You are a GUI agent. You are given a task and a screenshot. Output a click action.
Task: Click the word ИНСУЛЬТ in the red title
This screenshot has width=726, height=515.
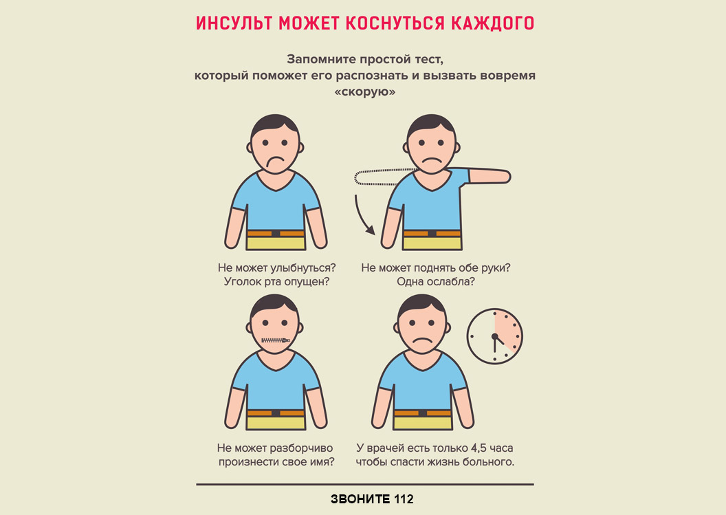pos(234,23)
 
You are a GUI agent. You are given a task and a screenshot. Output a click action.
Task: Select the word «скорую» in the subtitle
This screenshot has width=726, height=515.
pos(365,91)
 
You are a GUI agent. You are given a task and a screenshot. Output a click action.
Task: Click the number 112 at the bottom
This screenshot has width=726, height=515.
pos(404,499)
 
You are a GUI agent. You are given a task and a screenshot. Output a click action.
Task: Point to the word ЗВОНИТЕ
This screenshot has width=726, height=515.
pos(360,499)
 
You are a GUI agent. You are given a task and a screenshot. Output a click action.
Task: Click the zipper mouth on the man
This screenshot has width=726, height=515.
pos(276,340)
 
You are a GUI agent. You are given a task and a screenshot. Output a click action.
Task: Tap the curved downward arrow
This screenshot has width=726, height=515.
pos(364,215)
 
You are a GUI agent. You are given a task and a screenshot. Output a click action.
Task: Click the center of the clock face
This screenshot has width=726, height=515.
pos(495,336)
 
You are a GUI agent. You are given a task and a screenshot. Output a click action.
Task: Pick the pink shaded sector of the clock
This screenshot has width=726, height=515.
pos(507,330)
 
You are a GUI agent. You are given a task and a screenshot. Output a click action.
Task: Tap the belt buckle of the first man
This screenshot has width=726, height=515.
pos(276,233)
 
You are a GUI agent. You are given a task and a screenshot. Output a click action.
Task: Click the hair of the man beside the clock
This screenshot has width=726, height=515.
pos(421,305)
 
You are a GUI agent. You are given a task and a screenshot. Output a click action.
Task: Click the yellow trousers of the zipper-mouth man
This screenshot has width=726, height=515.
pos(276,423)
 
